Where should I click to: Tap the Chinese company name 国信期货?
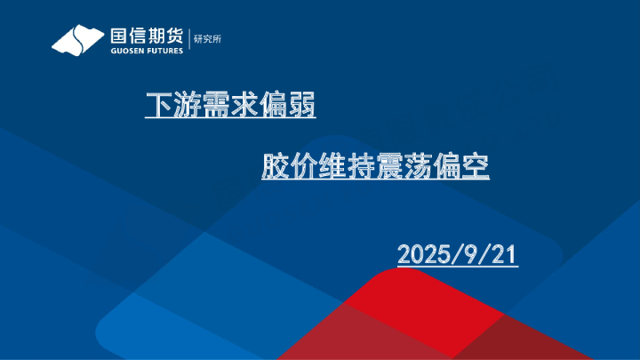[x=146, y=36]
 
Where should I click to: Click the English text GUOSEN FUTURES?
[x=146, y=51]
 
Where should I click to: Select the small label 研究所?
[x=207, y=39]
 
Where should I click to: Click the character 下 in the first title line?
[x=158, y=108]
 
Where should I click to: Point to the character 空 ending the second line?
[x=476, y=166]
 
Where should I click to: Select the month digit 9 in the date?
[x=470, y=254]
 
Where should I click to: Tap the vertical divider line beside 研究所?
[x=189, y=40]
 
